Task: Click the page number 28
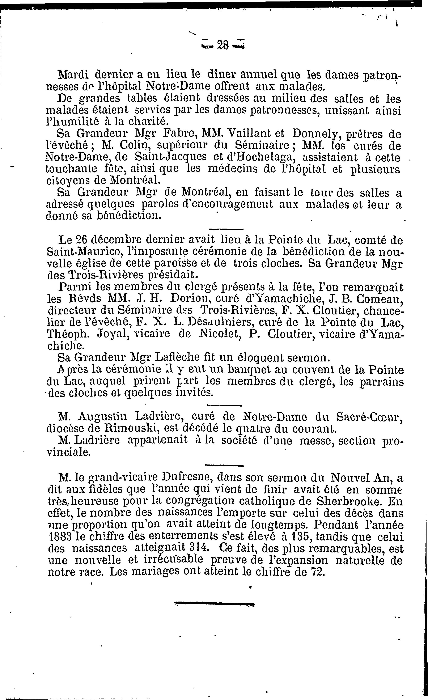coord(223,45)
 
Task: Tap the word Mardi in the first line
coord(73,75)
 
